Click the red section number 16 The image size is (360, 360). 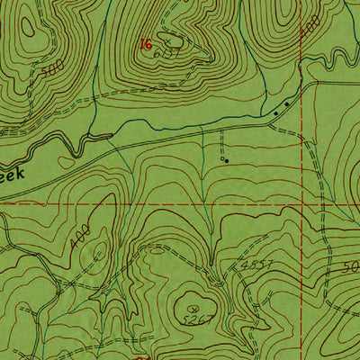tap(145, 43)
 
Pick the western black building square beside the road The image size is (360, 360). tap(276, 113)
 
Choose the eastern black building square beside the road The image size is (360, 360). tap(287, 105)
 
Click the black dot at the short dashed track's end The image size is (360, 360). tap(226, 160)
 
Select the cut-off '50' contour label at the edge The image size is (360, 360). tap(351, 268)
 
